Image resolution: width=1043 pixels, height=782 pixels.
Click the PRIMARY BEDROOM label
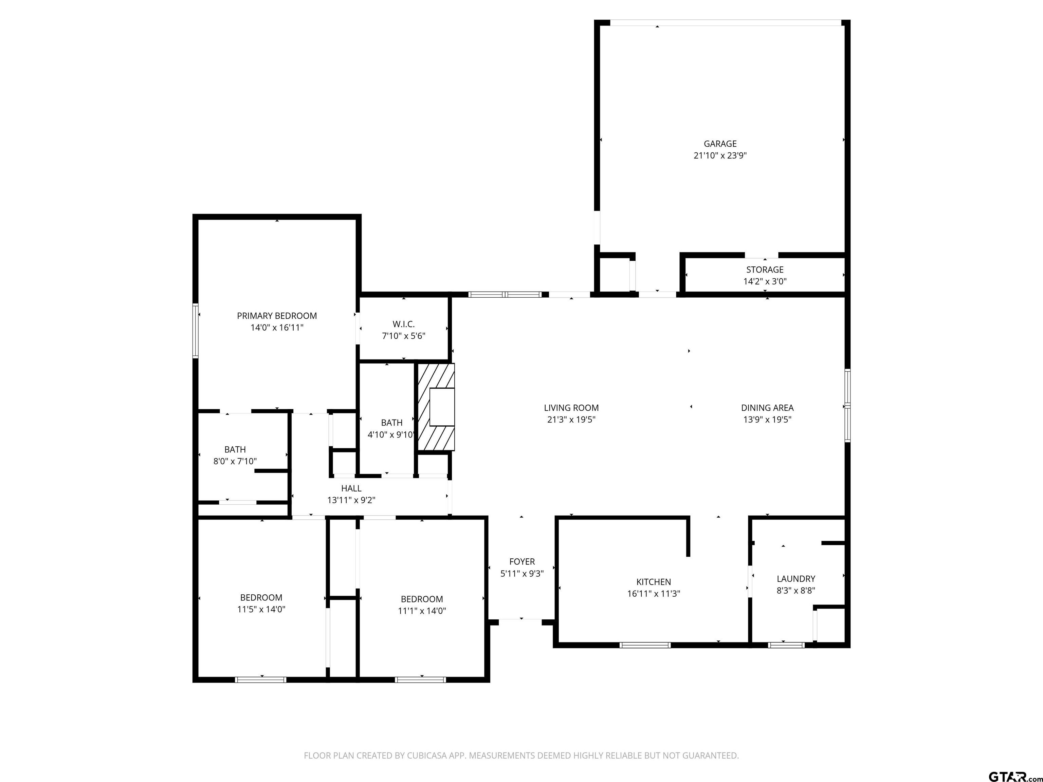tap(277, 316)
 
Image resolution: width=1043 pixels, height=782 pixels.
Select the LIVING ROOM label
tap(571, 408)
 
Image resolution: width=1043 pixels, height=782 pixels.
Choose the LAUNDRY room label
tap(795, 578)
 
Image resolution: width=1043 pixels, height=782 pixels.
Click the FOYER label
tap(521, 561)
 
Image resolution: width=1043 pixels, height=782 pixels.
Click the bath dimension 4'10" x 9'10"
tap(391, 434)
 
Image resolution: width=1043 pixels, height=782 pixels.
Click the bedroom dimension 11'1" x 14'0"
tap(422, 611)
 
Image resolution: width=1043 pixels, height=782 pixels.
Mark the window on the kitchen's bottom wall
tap(644, 645)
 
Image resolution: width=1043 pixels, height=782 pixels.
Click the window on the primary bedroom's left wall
tap(195, 331)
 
